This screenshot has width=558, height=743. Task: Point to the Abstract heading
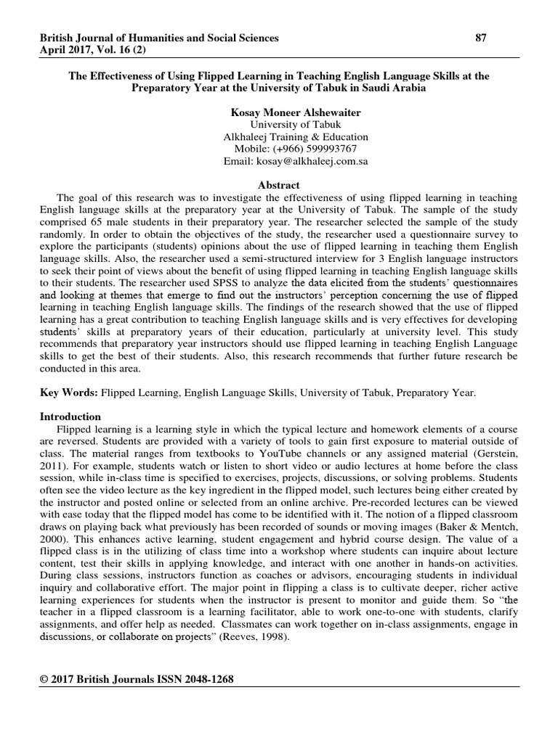pos(279,186)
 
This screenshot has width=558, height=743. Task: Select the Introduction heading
pos(70,416)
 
